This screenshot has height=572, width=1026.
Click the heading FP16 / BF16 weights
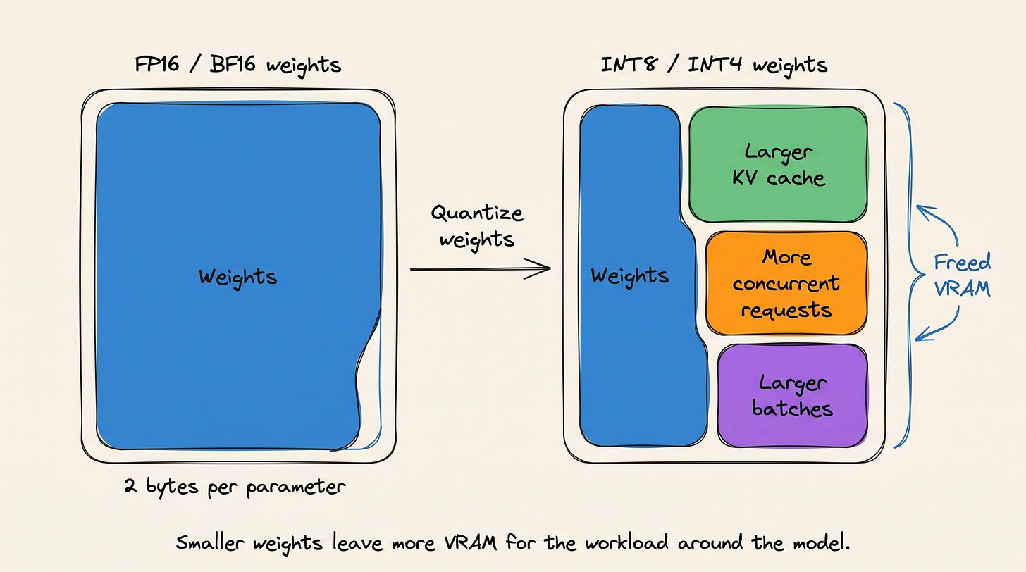coord(237,65)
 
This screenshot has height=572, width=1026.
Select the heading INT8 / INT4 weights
coord(714,65)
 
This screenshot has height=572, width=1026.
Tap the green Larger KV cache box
coord(778,164)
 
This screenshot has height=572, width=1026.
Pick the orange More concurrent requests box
coord(786,283)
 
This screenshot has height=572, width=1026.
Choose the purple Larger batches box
coord(792,396)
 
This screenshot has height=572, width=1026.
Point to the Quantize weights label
coord(477,226)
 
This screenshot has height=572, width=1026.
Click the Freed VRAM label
coord(963,275)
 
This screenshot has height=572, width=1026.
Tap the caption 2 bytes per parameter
coord(235,486)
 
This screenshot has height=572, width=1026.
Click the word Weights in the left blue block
coord(238,278)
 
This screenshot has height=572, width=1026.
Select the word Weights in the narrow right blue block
coord(630,276)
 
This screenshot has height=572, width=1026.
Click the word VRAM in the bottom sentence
coord(471,543)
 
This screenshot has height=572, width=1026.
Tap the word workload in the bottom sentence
coord(626,543)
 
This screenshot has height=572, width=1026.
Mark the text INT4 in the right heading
coord(715,65)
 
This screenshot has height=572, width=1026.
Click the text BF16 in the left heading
coord(233,65)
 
